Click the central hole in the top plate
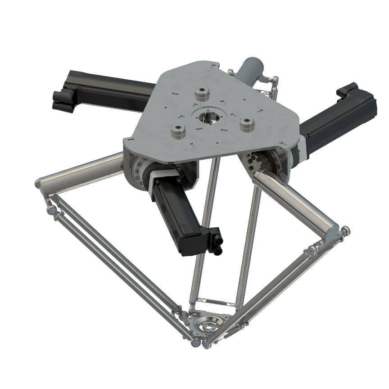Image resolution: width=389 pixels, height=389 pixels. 208,117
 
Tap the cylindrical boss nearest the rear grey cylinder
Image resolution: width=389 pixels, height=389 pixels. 203,95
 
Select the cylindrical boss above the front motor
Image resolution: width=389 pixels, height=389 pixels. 179,132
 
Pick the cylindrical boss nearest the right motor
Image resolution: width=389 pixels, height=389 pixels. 247,124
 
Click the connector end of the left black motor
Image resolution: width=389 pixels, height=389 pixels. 63,100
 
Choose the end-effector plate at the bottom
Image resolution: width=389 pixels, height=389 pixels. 208,326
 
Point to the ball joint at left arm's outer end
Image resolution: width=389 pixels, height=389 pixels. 38,184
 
